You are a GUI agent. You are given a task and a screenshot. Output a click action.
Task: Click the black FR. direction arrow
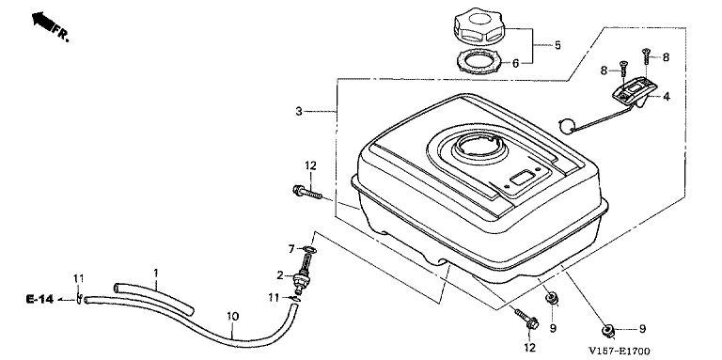click(41, 22)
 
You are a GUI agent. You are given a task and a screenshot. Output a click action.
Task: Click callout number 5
click(557, 45)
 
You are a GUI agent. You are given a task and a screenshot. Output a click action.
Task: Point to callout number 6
click(515, 63)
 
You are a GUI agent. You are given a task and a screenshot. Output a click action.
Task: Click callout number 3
click(299, 111)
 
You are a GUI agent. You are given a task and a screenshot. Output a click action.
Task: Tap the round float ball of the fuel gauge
click(565, 126)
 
